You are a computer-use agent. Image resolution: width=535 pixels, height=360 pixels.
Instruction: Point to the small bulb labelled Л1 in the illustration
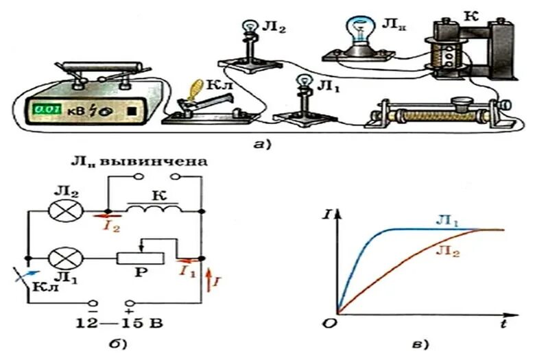coord(302,82)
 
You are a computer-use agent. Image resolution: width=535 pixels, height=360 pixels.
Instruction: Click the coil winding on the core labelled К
coord(442,55)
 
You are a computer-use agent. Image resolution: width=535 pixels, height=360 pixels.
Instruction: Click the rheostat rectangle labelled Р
coord(141,259)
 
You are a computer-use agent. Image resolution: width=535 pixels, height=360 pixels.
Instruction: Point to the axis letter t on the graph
coord(503,320)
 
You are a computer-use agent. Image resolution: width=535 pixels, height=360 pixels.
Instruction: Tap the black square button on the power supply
coord(132,110)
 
